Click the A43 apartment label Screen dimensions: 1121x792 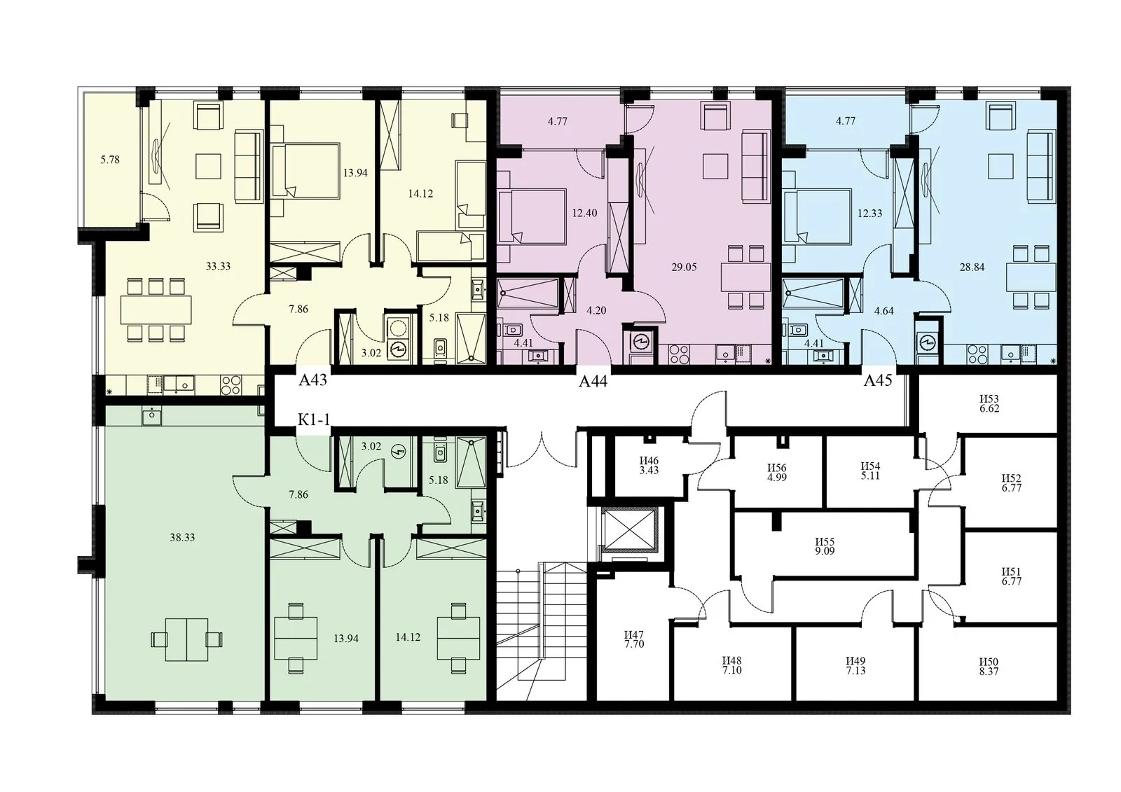(312, 380)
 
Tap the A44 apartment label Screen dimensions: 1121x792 (593, 382)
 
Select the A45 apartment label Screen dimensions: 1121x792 (879, 381)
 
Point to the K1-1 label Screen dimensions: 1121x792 (314, 419)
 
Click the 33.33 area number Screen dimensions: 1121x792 (218, 266)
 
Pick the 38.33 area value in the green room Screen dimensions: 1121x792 (182, 538)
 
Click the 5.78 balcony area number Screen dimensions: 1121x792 (110, 160)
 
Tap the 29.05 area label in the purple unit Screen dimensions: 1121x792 (684, 268)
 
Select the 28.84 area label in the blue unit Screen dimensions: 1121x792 (972, 268)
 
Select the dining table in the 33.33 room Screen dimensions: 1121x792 (156, 310)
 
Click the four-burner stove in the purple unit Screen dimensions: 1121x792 (679, 354)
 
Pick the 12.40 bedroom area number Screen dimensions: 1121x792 (584, 213)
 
